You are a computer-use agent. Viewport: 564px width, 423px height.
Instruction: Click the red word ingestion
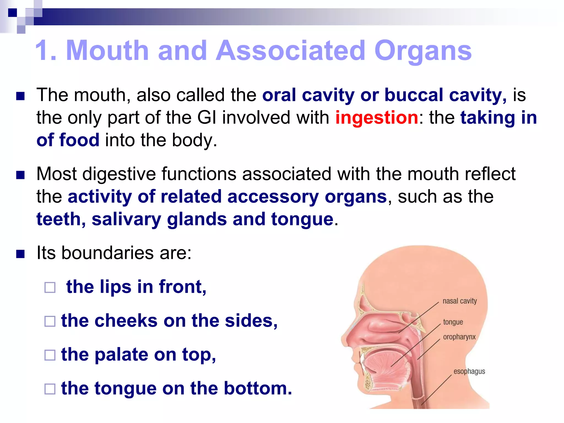[376, 118]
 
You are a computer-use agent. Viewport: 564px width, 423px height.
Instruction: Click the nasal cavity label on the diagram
[459, 301]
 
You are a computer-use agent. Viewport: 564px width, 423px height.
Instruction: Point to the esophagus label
[469, 371]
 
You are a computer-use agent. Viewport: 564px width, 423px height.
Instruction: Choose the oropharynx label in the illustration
[459, 337]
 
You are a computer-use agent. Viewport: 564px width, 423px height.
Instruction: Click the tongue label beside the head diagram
[453, 322]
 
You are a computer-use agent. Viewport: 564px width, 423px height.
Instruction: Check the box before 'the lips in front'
[50, 288]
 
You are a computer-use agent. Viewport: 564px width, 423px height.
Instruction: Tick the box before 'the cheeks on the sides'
[50, 321]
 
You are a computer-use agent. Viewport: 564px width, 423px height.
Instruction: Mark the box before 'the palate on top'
[50, 355]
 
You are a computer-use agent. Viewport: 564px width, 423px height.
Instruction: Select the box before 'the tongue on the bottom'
[50, 389]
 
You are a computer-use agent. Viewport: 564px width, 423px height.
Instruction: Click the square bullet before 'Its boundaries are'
[20, 254]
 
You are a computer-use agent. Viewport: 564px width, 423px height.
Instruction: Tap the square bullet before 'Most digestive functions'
[20, 175]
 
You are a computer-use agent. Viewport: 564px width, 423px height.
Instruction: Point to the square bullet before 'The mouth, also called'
[20, 96]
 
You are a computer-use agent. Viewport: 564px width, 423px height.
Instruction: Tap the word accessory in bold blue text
[273, 197]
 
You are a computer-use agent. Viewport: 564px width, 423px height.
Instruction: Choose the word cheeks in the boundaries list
[126, 321]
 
